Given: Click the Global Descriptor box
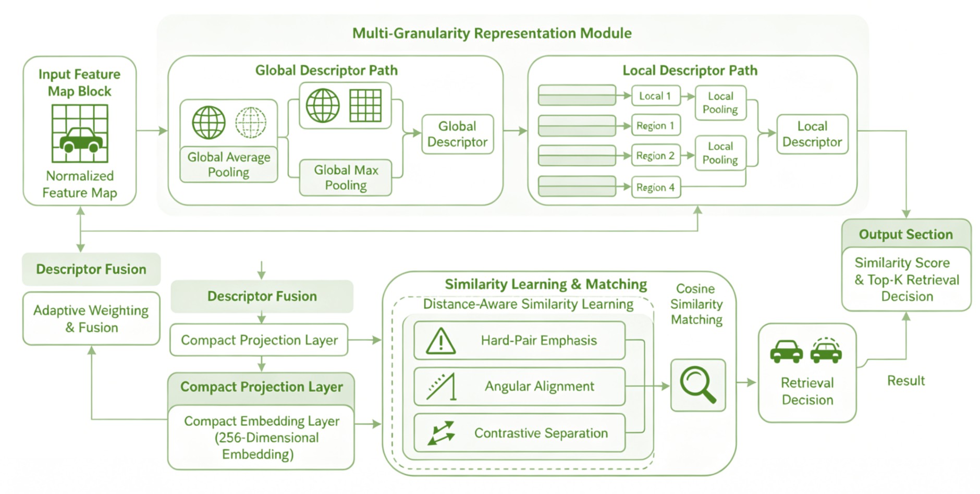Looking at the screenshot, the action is pos(457,134).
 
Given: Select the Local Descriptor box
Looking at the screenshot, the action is pos(812,134).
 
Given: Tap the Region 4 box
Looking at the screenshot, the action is pos(656,187).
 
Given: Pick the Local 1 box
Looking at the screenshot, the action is pos(656,96).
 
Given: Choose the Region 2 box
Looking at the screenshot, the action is pos(656,155).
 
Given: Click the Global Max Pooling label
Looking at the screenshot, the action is pos(346,177).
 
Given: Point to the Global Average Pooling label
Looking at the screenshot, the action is pos(229,164).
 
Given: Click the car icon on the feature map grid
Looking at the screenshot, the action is pos(80,140).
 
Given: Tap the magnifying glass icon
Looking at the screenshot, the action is pos(698,384).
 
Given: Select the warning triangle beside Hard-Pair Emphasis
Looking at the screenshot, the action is pos(441,341).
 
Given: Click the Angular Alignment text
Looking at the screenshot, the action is pos(540,386).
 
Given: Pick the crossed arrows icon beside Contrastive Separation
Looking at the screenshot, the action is pos(441,432).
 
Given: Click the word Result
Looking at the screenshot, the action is pos(906,380).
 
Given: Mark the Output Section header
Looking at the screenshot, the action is pos(906,234).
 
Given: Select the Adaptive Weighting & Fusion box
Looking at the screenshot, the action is pos(91,319).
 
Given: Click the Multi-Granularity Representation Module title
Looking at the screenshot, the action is pos(492,33).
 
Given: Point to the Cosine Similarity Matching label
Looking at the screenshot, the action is pos(696,304).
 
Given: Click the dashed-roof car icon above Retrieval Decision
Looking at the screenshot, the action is pos(826,350).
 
